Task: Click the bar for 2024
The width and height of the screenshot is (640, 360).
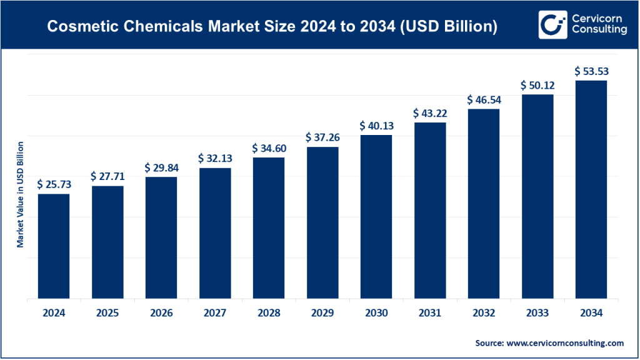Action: click(54, 246)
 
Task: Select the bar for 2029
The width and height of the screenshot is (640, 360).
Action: click(322, 223)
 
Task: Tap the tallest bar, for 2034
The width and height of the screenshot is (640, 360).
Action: click(591, 190)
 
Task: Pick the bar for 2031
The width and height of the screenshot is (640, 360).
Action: click(429, 211)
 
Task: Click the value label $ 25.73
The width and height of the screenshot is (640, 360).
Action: click(54, 184)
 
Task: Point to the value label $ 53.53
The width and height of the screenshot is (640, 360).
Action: click(591, 71)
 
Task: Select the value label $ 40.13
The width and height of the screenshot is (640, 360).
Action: click(376, 126)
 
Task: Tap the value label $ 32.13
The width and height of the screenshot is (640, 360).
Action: click(214, 158)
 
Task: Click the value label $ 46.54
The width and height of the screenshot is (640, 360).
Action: click(483, 100)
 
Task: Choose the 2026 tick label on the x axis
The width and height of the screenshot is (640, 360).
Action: click(161, 313)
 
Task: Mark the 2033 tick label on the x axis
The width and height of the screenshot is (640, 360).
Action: click(537, 313)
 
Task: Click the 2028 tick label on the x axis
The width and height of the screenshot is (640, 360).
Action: click(268, 313)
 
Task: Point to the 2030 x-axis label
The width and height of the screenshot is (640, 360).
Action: click(376, 313)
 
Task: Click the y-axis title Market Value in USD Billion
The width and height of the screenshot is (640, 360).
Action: click(20, 194)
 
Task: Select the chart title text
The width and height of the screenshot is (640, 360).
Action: click(272, 27)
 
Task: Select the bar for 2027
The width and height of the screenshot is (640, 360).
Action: click(214, 234)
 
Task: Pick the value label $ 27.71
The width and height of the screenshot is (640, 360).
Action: click(107, 176)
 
